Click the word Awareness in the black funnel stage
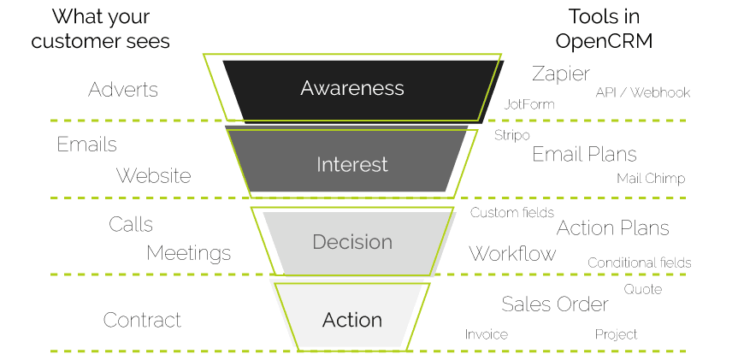(x=352, y=88)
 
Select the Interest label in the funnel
(x=352, y=164)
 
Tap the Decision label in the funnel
(x=352, y=242)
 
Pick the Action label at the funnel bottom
(x=352, y=320)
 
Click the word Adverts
(x=123, y=90)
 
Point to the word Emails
(x=86, y=145)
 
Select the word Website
(x=154, y=175)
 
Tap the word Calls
(x=131, y=224)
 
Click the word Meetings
(x=189, y=253)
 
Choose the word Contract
(x=143, y=320)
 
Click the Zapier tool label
(x=561, y=73)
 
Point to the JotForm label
(x=529, y=104)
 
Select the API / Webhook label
(x=643, y=92)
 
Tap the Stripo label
(x=512, y=135)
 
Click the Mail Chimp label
(x=651, y=179)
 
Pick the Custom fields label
(x=512, y=212)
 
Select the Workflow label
(x=512, y=253)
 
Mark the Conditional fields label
(x=640, y=263)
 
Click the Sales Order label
(x=555, y=304)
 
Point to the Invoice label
(x=487, y=334)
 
